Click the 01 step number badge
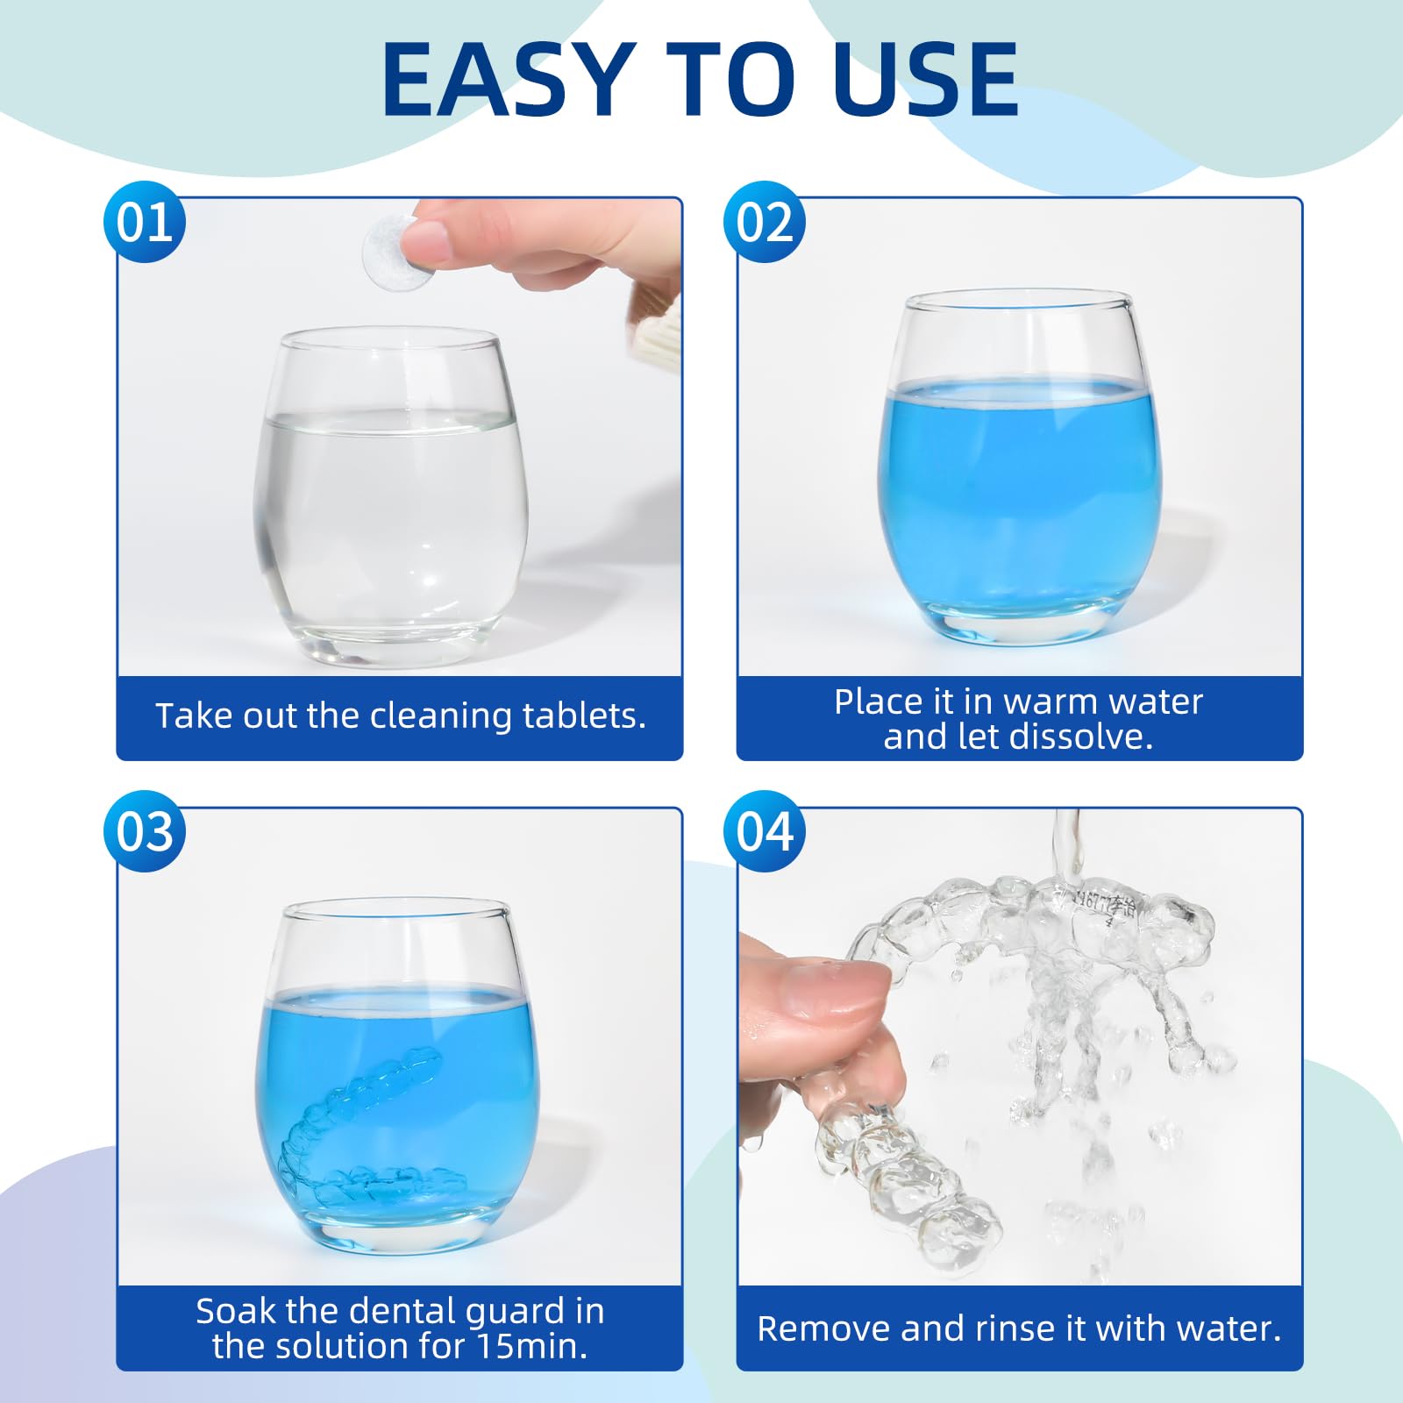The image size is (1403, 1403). coord(145,222)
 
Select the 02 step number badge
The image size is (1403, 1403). coord(765,222)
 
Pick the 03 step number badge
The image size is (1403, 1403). coord(145,831)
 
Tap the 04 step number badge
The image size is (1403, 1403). coord(765,831)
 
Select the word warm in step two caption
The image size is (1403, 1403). coord(1047,701)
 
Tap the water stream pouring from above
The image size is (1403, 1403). coord(1066,846)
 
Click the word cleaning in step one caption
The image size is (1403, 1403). coord(442,716)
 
